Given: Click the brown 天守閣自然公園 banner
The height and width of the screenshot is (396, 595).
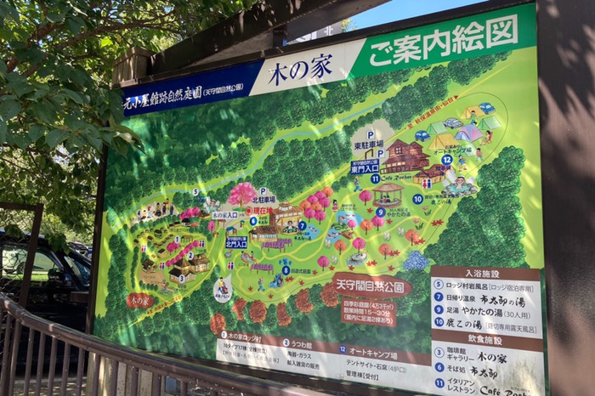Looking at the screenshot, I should [371, 286].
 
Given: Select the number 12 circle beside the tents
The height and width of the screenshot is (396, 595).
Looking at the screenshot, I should [447, 159].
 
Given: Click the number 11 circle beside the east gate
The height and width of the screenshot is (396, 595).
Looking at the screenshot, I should [375, 178].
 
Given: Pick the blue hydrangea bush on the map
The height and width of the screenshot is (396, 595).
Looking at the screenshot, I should [416, 260].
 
